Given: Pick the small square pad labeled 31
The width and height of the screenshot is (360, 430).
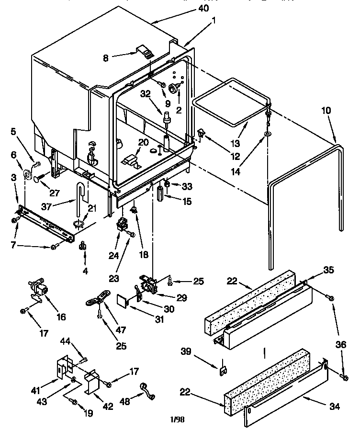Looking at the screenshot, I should (124, 300).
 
